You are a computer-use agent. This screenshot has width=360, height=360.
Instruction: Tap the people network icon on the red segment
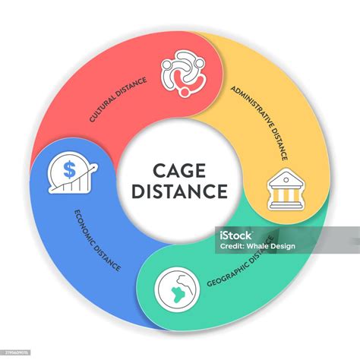coord(183,74)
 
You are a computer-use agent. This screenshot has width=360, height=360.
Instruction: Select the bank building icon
coord(283,191)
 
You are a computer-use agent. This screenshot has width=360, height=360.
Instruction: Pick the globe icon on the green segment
coord(174,288)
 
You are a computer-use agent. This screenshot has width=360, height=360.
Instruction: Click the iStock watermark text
coord(234,235)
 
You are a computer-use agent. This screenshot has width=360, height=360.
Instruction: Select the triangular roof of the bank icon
coord(283,179)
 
